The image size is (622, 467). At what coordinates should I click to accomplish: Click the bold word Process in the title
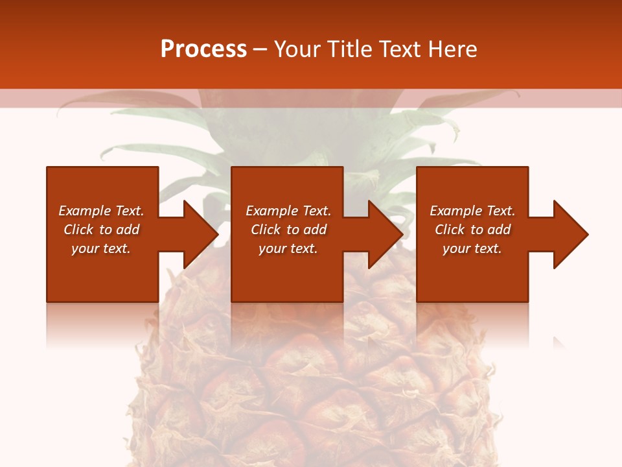pyautogui.click(x=203, y=49)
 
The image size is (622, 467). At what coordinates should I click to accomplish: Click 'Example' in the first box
pyautogui.click(x=84, y=211)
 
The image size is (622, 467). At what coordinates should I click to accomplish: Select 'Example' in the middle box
pyautogui.click(x=271, y=211)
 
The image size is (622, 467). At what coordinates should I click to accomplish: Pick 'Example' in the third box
pyautogui.click(x=455, y=211)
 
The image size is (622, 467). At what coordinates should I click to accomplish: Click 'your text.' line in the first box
pyautogui.click(x=101, y=248)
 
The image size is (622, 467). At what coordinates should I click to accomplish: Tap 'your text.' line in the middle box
pyautogui.click(x=288, y=248)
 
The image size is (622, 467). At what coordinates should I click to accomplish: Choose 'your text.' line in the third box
pyautogui.click(x=472, y=248)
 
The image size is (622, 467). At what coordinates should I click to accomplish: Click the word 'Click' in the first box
pyautogui.click(x=78, y=230)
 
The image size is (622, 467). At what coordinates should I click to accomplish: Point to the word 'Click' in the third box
pyautogui.click(x=450, y=230)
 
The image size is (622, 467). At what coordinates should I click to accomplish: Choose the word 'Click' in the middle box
pyautogui.click(x=266, y=230)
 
